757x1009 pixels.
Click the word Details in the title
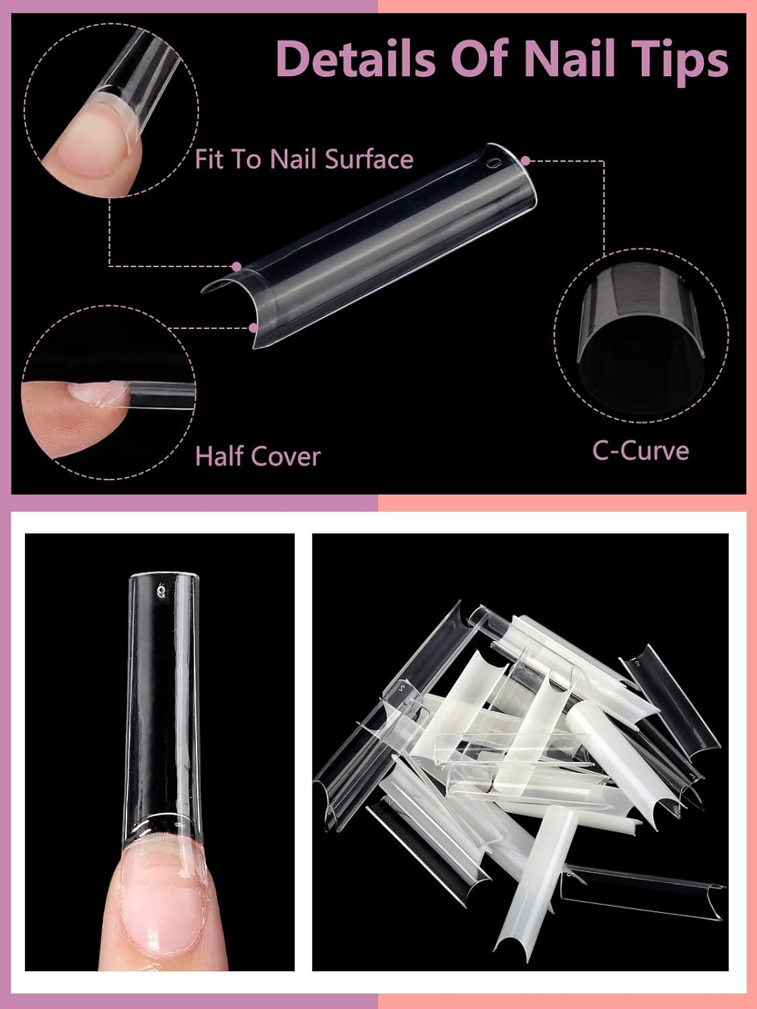(356, 59)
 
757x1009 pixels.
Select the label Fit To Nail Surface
(304, 159)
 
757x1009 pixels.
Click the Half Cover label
(258, 456)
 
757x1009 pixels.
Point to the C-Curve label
(641, 449)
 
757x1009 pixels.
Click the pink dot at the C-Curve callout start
(526, 160)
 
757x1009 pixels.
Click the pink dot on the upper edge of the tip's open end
(236, 266)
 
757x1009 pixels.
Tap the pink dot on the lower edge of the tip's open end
(253, 328)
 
